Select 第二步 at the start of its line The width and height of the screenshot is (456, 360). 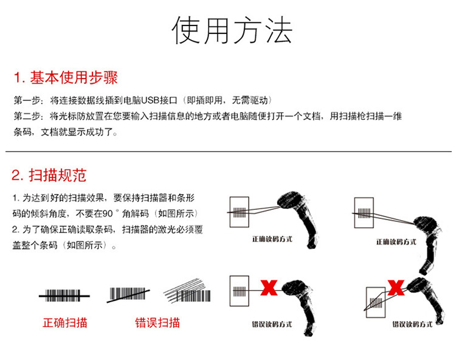[24, 116]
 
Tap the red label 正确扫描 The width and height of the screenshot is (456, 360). [64, 322]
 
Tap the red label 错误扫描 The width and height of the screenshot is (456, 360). [157, 322]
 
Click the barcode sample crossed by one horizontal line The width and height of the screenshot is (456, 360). [64, 296]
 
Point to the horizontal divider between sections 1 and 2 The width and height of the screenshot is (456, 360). [228, 151]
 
